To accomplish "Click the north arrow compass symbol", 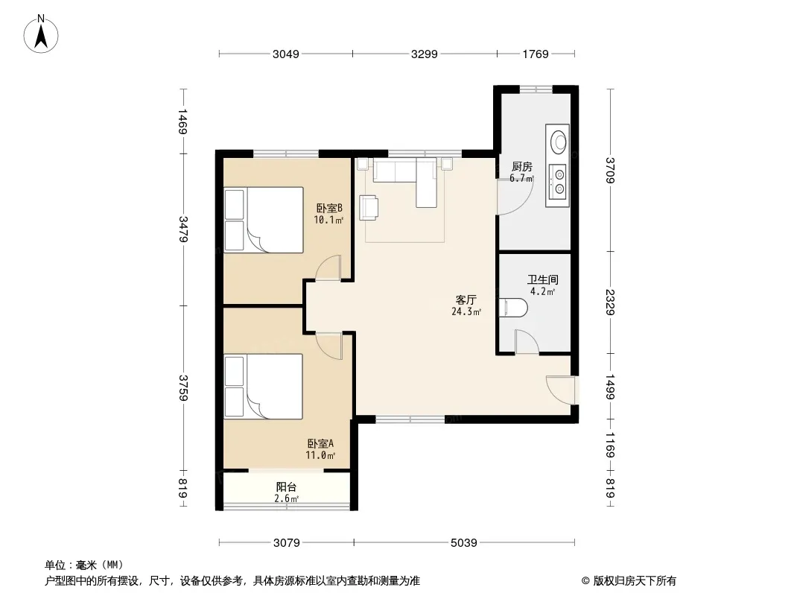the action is tap(41, 34).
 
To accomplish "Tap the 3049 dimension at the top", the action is tap(285, 54).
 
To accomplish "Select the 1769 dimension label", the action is tap(536, 54).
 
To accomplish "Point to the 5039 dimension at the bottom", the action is tap(464, 543).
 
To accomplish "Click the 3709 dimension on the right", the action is tap(611, 170).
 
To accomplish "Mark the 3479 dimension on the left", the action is tap(183, 229).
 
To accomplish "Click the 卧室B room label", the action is tap(329, 208).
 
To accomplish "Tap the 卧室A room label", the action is tap(320, 443).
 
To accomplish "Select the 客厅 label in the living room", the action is tap(466, 299).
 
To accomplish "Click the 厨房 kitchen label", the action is tap(521, 167).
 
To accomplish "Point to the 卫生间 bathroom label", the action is tap(543, 279).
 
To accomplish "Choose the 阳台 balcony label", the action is tap(286, 487).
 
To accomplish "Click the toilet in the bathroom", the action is tap(513, 308).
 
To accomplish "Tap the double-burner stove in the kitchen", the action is tap(559, 182).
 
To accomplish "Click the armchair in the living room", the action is tap(369, 208).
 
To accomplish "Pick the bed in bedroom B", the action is tap(264, 220).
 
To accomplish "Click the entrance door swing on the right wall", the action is tap(561, 390).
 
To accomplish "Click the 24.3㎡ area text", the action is tap(466, 311).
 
